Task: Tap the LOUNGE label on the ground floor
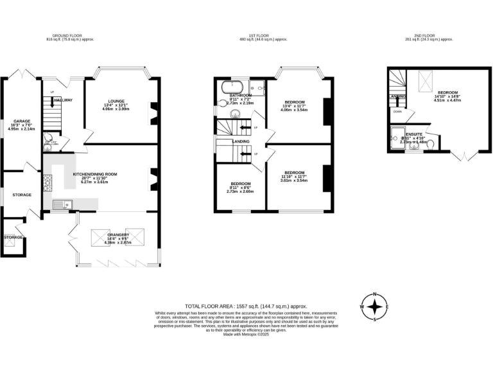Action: click(x=116, y=101)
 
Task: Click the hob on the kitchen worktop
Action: click(x=47, y=182)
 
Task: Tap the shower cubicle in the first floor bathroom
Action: click(x=258, y=89)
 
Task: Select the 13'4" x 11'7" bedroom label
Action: click(x=295, y=102)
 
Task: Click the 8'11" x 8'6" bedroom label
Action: click(x=240, y=184)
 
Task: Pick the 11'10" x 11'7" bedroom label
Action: click(x=295, y=173)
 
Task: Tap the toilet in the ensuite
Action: click(x=429, y=143)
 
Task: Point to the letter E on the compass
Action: click(x=387, y=308)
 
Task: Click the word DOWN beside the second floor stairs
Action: click(x=398, y=110)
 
